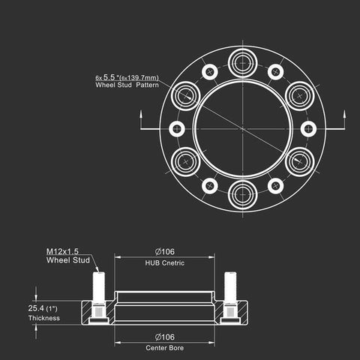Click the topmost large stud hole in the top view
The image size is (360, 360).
point(243,63)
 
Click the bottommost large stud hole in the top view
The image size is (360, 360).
point(243,195)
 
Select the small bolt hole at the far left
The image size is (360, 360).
point(177,129)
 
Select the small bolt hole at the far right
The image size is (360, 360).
point(308,129)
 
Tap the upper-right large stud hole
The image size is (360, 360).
point(300,96)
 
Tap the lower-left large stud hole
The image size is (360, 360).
point(186,162)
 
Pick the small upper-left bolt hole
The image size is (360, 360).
point(210,72)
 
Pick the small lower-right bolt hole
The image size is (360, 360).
point(275,186)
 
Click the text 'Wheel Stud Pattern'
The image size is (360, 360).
point(127,85)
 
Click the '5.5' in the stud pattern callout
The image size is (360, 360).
point(109,77)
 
